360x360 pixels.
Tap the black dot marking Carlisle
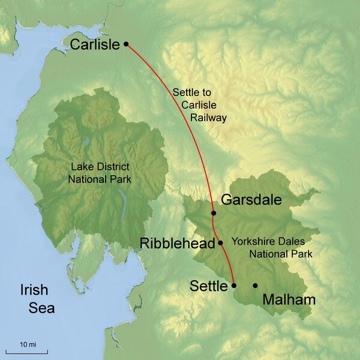pyautogui.click(x=126, y=44)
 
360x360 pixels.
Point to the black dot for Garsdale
pyautogui.click(x=214, y=213)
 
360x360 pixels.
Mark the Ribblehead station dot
pyautogui.click(x=220, y=243)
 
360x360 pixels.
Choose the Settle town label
pyautogui.click(x=209, y=286)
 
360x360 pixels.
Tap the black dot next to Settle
pyautogui.click(x=234, y=286)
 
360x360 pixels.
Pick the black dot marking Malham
pyautogui.click(x=256, y=286)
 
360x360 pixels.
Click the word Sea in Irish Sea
pyautogui.click(x=42, y=308)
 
